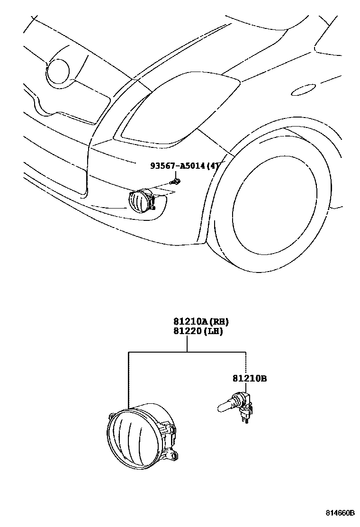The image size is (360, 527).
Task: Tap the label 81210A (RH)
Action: pos(201,322)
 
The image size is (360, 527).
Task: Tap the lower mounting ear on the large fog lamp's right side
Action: pos(174,455)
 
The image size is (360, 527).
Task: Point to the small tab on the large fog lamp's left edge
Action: pos(111,415)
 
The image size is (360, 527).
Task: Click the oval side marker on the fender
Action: pos(303,90)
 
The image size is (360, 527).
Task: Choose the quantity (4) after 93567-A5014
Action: pos(214,166)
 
